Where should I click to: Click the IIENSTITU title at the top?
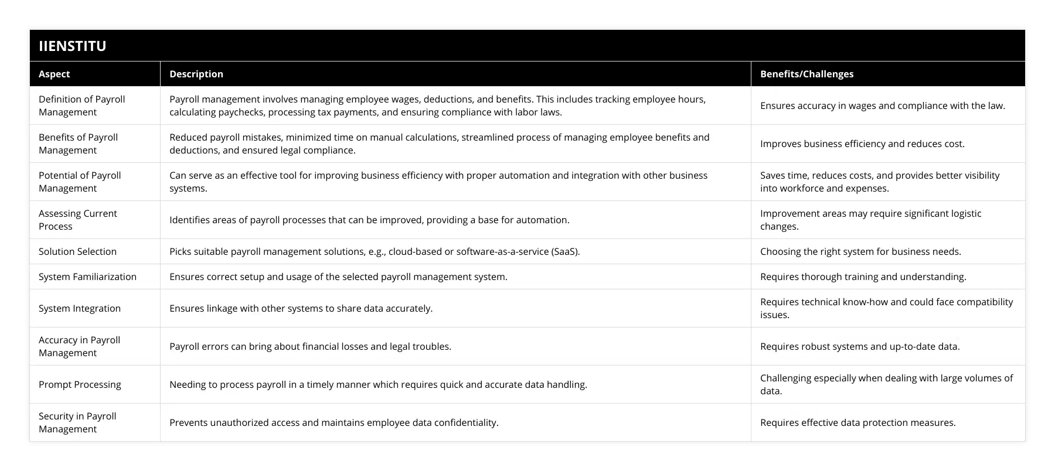(x=73, y=46)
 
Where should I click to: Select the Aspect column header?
(x=54, y=74)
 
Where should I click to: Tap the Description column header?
(x=196, y=74)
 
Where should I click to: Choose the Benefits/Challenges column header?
(x=806, y=74)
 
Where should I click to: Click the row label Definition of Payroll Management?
(x=81, y=105)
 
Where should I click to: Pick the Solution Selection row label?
(x=77, y=251)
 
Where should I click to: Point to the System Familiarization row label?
(x=87, y=277)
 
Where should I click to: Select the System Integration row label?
(x=80, y=308)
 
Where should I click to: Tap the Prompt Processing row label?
(x=80, y=384)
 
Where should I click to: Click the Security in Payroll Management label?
(x=77, y=422)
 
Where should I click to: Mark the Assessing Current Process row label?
(x=77, y=220)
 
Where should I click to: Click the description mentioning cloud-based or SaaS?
(x=375, y=251)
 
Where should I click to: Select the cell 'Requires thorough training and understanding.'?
(x=863, y=277)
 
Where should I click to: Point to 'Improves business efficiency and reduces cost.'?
(x=862, y=144)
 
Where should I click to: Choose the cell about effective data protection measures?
(x=857, y=422)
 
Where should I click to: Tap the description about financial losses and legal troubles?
(x=310, y=346)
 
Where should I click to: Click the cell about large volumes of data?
(x=886, y=384)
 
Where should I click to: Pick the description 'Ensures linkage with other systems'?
(x=301, y=308)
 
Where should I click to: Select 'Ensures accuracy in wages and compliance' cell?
(x=882, y=105)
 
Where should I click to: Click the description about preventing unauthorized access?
(x=334, y=422)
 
